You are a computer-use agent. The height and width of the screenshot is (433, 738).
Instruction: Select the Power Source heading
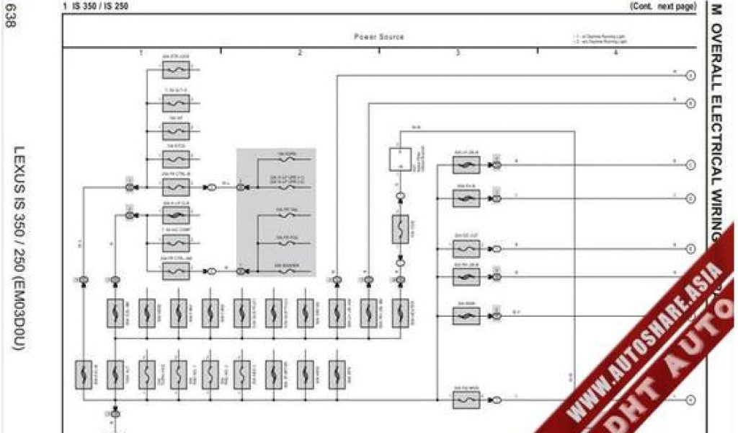[378, 37]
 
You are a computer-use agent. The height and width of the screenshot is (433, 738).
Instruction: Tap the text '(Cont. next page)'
[662, 6]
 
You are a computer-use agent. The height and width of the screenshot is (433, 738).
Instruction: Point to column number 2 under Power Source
[299, 53]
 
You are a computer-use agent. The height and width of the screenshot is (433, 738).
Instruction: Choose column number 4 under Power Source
[615, 53]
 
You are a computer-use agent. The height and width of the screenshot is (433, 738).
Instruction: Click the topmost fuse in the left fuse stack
[176, 70]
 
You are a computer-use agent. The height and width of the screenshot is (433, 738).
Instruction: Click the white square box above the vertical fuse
[399, 159]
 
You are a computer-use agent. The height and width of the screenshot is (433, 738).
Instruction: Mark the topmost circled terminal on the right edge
[690, 75]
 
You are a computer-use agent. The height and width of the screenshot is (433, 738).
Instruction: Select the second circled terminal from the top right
[690, 104]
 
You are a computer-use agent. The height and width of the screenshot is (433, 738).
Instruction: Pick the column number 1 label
[141, 53]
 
